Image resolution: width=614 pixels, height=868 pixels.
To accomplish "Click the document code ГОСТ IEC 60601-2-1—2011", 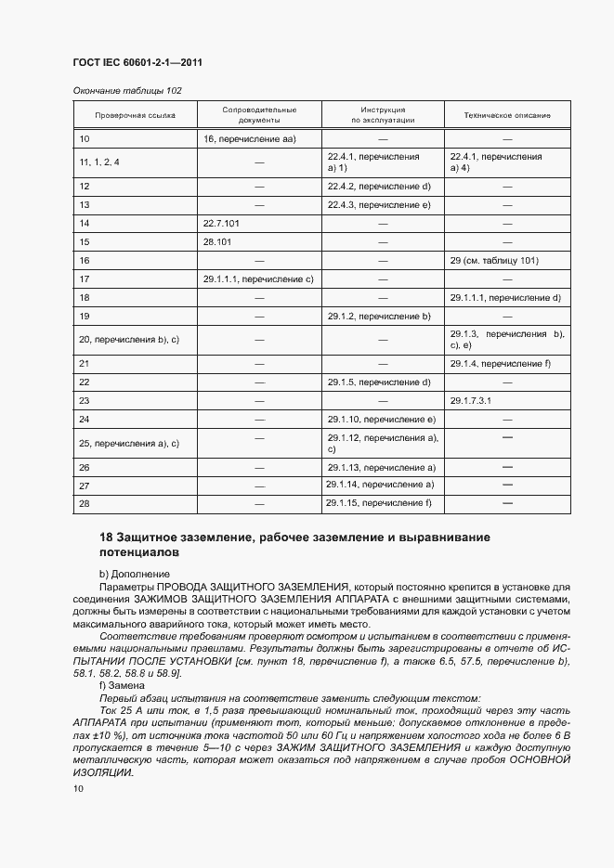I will [137, 63].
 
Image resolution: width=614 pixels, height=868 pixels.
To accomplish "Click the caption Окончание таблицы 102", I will [127, 91].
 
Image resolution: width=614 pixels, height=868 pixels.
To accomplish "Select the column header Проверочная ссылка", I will [135, 115].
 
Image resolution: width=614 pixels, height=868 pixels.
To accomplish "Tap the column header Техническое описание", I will [507, 115].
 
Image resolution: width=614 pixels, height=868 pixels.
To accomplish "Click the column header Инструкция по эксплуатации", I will [383, 115].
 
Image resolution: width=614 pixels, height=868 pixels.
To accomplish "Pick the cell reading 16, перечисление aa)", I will [249, 139].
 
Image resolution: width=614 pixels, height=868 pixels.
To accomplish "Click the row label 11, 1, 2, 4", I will [99, 162].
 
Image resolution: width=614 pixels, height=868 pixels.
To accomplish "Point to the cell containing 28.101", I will [217, 241].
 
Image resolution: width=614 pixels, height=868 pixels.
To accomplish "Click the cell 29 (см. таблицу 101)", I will [494, 260].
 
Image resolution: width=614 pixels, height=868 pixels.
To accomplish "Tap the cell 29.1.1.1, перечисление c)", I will [258, 279].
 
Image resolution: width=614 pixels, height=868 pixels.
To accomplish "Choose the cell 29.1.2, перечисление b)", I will [379, 317].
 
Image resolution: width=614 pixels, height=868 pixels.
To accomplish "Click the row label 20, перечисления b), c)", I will [129, 340].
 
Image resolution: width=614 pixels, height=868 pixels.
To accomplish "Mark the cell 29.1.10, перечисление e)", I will [381, 420].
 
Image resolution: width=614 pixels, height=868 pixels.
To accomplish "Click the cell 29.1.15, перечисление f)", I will [379, 503].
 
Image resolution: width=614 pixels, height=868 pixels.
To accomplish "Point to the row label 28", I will [85, 504].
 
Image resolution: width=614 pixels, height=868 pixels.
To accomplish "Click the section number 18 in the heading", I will [105, 538].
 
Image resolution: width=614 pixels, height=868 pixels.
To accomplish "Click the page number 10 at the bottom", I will [78, 788].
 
